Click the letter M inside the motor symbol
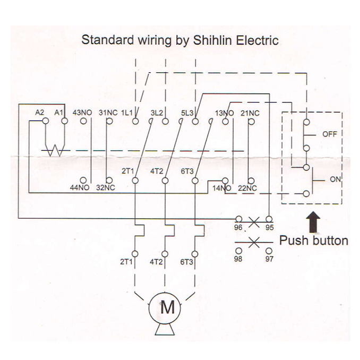click(x=168, y=307)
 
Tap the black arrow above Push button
click(x=313, y=222)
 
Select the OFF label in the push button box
click(x=330, y=134)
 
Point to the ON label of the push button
click(x=335, y=179)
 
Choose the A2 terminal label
click(x=39, y=113)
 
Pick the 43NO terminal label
click(x=82, y=113)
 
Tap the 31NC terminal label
click(x=108, y=113)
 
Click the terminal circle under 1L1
click(x=135, y=121)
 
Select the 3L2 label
click(x=157, y=113)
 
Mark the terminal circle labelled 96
click(x=239, y=219)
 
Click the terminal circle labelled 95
click(x=269, y=219)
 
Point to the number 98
click(x=238, y=259)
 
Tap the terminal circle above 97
click(x=269, y=251)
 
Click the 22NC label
click(x=247, y=188)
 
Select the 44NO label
click(x=80, y=187)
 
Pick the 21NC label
click(x=250, y=113)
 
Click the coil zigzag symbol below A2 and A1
click(x=55, y=150)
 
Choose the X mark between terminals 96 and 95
click(x=254, y=222)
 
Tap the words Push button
click(x=314, y=241)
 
